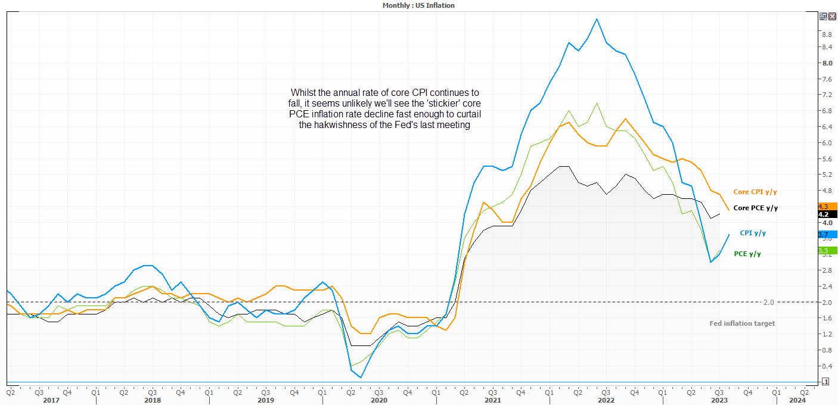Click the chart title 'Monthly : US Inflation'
tap(418, 5)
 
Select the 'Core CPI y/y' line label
tap(755, 192)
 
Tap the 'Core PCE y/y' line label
tap(755, 208)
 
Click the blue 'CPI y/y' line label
tap(754, 233)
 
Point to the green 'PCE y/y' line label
tap(747, 254)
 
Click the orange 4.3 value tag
tap(828, 207)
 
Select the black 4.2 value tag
tap(828, 214)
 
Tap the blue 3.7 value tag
tap(828, 235)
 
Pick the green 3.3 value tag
tap(828, 251)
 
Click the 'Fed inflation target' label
tap(742, 323)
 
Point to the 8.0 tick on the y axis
tap(827, 63)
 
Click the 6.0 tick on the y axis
tap(827, 143)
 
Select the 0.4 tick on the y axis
tap(827, 366)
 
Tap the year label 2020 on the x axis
tap(378, 401)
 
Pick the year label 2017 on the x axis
tap(51, 401)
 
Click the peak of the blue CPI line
tap(597, 19)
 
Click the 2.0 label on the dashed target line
tap(768, 302)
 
